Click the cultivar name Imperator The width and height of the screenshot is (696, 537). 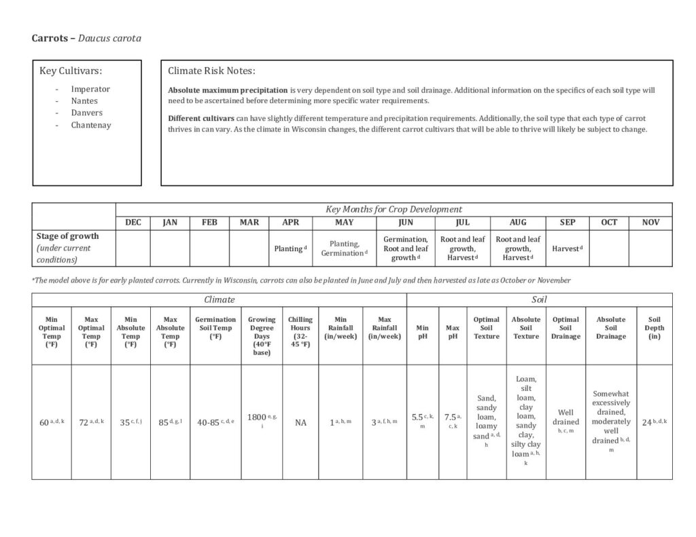90,89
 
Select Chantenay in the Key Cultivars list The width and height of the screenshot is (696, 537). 90,125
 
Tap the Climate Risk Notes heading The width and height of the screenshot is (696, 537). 211,71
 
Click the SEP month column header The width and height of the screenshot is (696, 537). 568,223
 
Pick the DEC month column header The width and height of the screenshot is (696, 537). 133,223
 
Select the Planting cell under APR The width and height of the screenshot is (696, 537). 290,248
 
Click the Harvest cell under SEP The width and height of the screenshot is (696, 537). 568,248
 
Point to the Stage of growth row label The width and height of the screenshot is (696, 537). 67,236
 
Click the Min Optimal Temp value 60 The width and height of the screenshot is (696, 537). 45,422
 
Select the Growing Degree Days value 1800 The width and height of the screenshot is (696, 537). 257,418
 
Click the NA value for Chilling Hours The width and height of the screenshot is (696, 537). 300,422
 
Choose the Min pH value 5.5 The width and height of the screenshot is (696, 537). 417,418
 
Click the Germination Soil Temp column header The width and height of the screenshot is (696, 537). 215,328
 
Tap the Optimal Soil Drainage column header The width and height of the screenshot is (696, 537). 565,328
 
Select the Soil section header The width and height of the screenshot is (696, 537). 539,299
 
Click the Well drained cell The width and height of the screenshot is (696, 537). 565,417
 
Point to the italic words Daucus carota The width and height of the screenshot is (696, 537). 109,39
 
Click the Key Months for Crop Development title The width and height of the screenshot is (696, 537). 394,209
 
